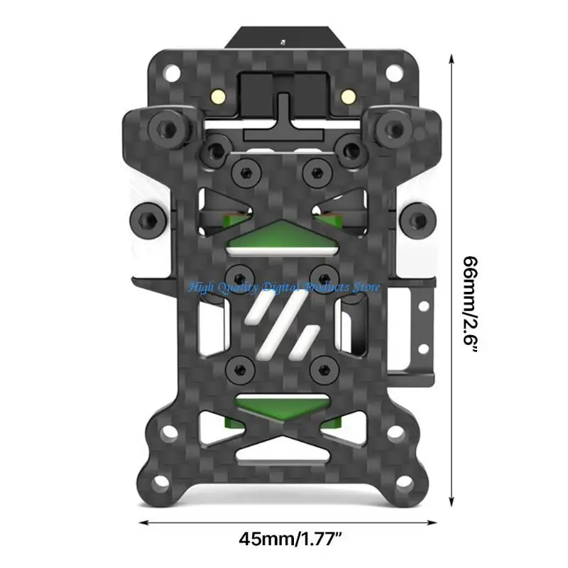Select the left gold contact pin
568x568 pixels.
(219, 95)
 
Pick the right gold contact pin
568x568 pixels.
(348, 95)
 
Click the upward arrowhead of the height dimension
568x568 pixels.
(452, 59)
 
